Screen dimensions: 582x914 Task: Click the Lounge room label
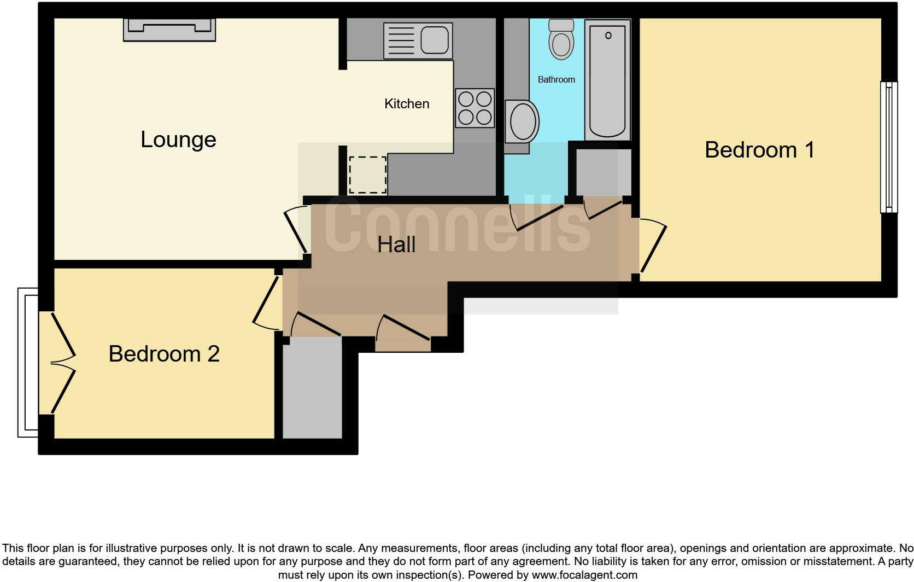(x=178, y=139)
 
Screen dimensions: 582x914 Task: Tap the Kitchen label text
(x=407, y=104)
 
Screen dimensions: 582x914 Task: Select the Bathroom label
(x=556, y=80)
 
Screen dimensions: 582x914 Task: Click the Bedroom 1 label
(x=759, y=150)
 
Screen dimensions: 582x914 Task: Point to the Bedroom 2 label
(x=164, y=354)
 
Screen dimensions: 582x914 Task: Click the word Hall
(x=396, y=245)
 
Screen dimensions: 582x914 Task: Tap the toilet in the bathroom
(x=561, y=38)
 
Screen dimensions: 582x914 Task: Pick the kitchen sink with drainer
(x=418, y=40)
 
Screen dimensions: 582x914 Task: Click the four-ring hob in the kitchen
(x=474, y=108)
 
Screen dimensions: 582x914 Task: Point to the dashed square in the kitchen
(x=367, y=175)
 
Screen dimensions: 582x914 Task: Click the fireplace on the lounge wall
(x=169, y=29)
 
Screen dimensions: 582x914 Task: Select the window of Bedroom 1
(x=889, y=147)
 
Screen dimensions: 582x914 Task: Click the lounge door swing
(x=296, y=230)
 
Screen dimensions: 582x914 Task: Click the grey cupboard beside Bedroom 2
(x=312, y=387)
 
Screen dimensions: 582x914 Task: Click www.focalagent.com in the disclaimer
(x=584, y=575)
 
